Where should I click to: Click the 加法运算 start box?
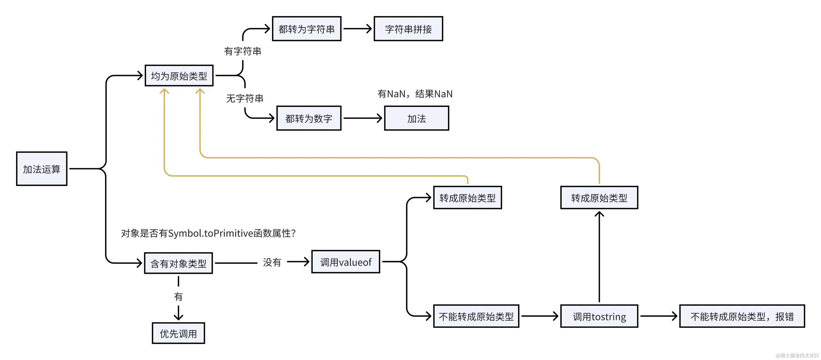pos(42,169)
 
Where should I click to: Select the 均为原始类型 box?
pos(179,76)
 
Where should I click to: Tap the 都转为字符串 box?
pos(307,29)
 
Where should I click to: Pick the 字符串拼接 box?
pos(408,29)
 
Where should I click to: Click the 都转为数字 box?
pos(309,118)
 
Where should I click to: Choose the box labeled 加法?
pos(416,118)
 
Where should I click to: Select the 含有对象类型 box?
pos(178,263)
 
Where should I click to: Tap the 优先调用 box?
pos(178,333)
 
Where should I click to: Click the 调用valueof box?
pos(346,262)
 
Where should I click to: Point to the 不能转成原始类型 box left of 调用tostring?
pos(476,316)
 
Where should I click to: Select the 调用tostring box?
pos(599,316)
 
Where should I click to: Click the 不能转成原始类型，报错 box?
pos(742,316)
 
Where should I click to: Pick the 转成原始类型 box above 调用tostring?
pos(599,198)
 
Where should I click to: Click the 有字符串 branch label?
pos(243,51)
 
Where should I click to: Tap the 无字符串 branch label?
pos(245,98)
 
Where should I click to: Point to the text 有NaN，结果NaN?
pos(415,94)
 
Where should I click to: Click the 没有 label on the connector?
pos(272,262)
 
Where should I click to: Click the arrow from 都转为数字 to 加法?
pos(363,118)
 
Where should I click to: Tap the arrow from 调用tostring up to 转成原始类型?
pos(599,257)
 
